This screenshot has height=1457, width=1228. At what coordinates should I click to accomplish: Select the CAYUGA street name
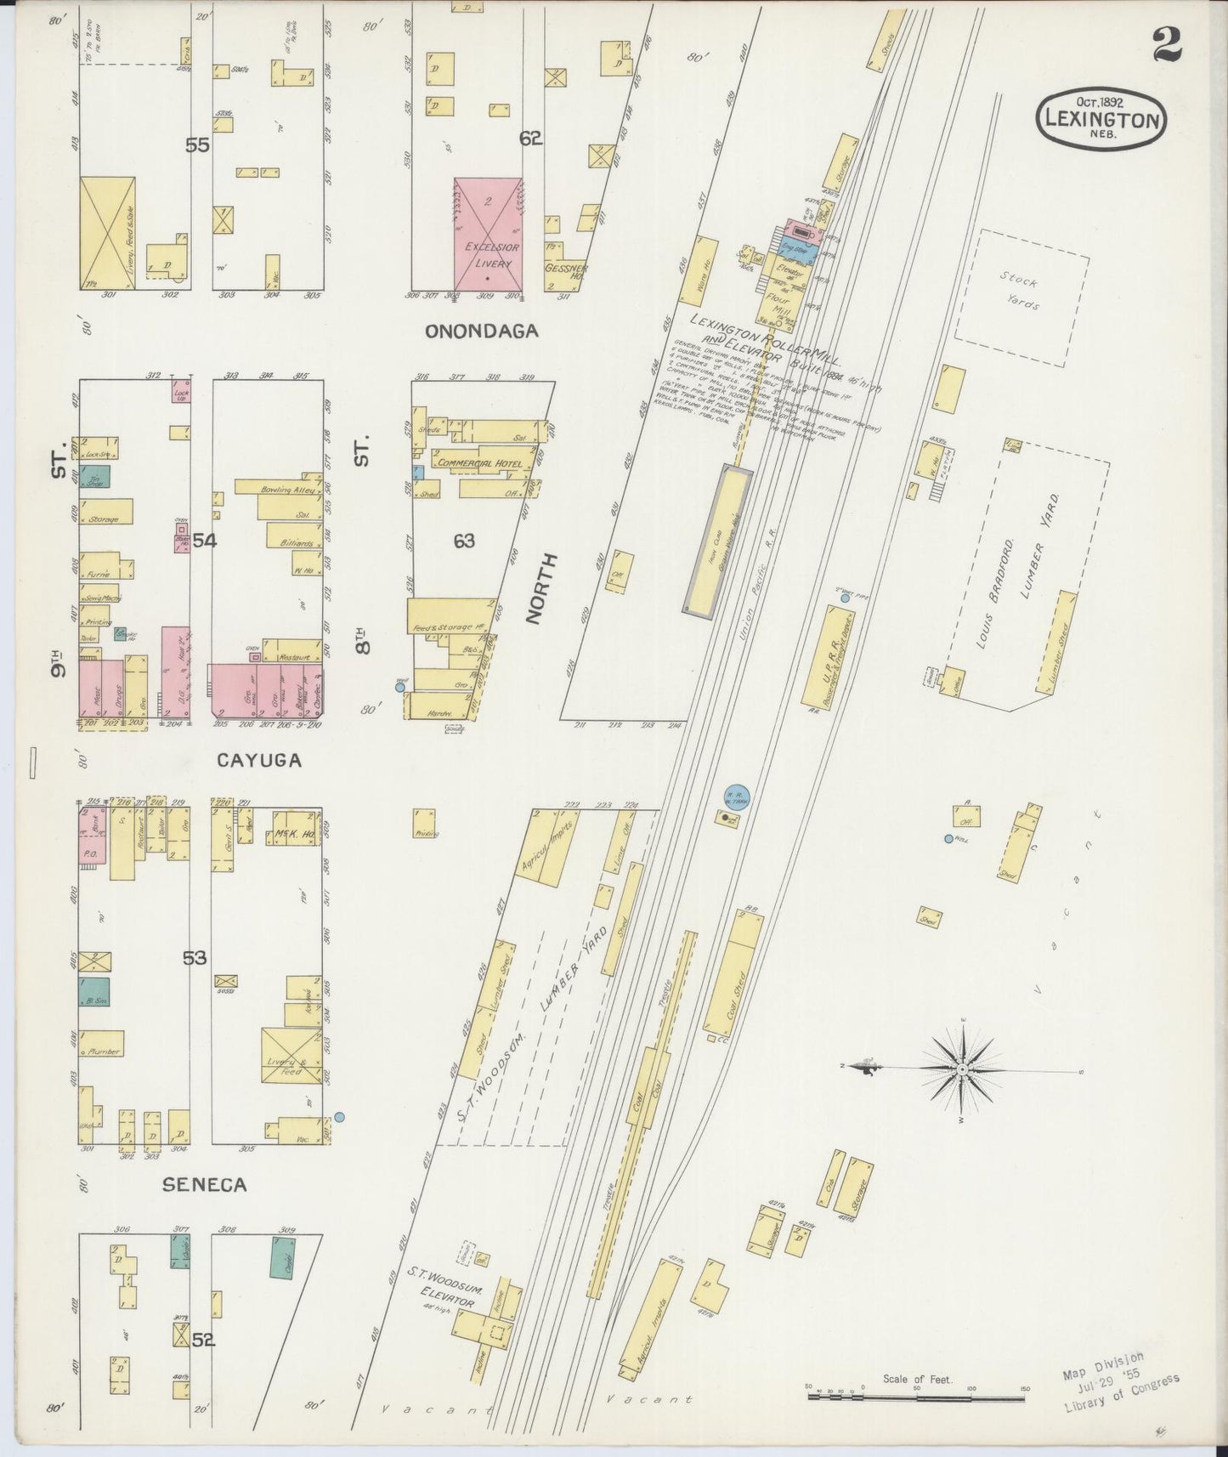tap(259, 760)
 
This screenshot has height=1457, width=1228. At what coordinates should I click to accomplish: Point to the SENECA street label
tap(206, 1184)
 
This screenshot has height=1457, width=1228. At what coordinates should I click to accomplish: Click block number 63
tap(463, 541)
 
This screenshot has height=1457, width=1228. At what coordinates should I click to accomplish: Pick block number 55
tap(197, 145)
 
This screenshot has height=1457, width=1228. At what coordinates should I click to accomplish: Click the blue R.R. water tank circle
tap(736, 797)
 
